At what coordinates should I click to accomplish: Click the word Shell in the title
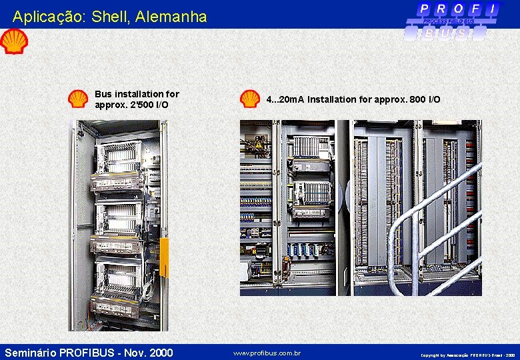[x=115, y=17]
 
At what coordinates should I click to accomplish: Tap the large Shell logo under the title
[x=13, y=42]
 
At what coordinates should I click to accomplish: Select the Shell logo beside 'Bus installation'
[x=77, y=99]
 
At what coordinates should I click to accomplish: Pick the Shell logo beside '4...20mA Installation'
[x=250, y=99]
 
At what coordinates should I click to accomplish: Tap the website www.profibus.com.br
[x=267, y=353]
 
